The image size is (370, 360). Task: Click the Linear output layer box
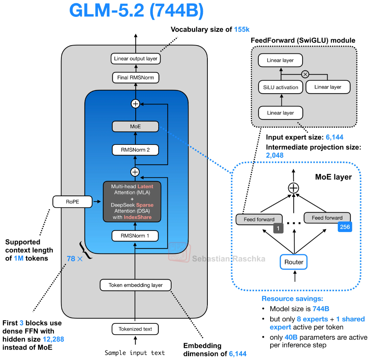[x=136, y=59]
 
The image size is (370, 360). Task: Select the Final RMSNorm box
[x=136, y=77]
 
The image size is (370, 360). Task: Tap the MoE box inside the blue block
[x=135, y=127]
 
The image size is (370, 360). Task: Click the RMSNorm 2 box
[x=135, y=150]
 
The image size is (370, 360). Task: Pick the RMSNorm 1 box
[x=135, y=236]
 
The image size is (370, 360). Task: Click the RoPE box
[x=72, y=202]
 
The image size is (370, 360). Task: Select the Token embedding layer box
[x=136, y=285]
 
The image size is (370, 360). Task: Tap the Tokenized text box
[x=135, y=329]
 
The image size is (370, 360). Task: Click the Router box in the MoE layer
[x=294, y=262]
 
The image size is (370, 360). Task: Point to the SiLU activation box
[x=281, y=87]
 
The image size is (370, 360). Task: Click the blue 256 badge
[x=345, y=227]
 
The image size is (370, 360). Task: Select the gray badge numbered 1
[x=278, y=228]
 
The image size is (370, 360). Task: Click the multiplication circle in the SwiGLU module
[x=305, y=75]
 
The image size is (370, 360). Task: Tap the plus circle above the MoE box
[x=135, y=104]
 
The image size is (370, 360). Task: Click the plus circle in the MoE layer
[x=294, y=188]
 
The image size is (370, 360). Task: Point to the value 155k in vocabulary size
[x=242, y=29]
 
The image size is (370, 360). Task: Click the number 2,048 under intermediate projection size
[x=275, y=155]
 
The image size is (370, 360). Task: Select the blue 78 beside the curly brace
[x=71, y=259]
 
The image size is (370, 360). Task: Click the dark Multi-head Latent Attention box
[x=132, y=202]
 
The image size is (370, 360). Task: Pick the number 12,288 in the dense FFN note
[x=53, y=339]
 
